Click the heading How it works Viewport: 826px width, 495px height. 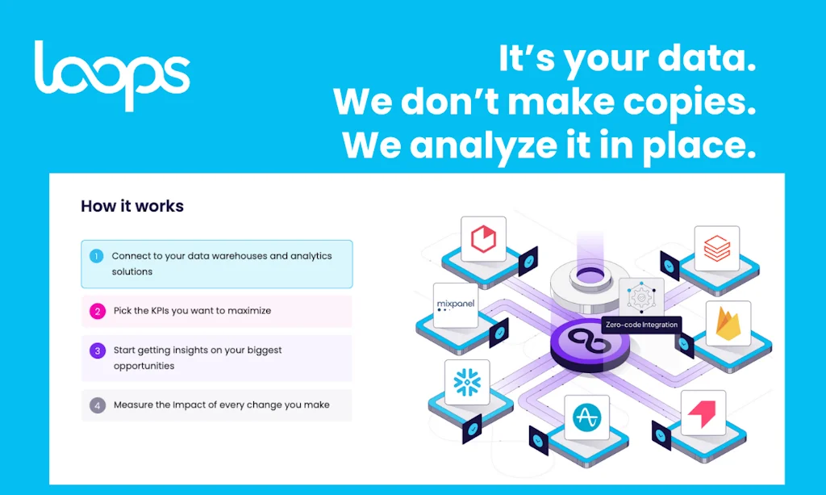click(132, 206)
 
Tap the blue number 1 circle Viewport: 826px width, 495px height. click(97, 256)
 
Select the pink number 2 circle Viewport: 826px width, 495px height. click(98, 311)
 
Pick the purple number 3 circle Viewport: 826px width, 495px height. click(98, 350)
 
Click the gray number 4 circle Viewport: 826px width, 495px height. click(98, 405)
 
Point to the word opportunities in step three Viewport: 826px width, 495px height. click(144, 366)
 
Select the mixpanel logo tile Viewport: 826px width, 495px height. click(456, 305)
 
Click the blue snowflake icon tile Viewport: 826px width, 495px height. click(467, 382)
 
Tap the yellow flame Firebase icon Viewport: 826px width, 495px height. click(728, 324)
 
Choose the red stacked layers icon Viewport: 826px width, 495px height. click(717, 248)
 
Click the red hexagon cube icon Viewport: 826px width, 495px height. click(484, 239)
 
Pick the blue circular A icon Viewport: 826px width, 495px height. click(587, 417)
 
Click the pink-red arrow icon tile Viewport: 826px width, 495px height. click(703, 413)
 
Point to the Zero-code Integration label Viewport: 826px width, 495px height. click(641, 325)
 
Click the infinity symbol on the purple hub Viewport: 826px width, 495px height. click(590, 341)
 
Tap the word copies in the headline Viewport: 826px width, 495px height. click(690, 103)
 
